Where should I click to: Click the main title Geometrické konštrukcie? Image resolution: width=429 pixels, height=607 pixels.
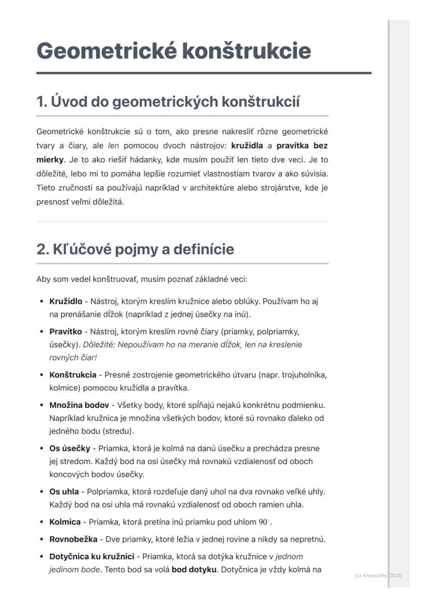point(174,51)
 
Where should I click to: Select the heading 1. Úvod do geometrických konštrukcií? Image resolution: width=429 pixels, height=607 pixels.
point(168,102)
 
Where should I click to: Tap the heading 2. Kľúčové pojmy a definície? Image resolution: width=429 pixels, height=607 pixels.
point(135,249)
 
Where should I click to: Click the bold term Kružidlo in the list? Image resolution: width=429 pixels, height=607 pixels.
point(66,301)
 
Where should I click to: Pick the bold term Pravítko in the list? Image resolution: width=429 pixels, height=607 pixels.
point(65,331)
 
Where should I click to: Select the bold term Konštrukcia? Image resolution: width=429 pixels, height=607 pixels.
point(73,375)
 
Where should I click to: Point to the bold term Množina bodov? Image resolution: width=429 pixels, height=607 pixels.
point(79,405)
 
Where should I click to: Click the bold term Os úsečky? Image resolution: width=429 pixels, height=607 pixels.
point(69,448)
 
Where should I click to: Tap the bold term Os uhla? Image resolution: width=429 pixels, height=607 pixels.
point(64,491)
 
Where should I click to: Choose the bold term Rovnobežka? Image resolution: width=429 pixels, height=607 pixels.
point(73,539)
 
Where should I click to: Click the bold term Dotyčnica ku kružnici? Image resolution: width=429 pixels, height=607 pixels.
point(92,557)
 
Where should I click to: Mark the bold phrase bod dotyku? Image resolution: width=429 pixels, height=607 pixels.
point(194,570)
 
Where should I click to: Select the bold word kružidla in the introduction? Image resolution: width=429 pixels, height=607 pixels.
point(247,146)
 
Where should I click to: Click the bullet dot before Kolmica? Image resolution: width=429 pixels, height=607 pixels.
point(41,523)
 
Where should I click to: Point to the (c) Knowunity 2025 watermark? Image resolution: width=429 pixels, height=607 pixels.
point(378,575)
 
